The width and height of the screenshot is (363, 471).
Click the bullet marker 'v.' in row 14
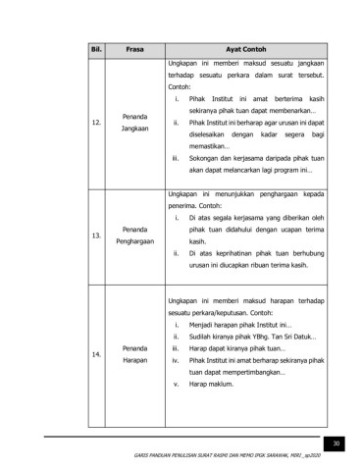pos(175,385)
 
